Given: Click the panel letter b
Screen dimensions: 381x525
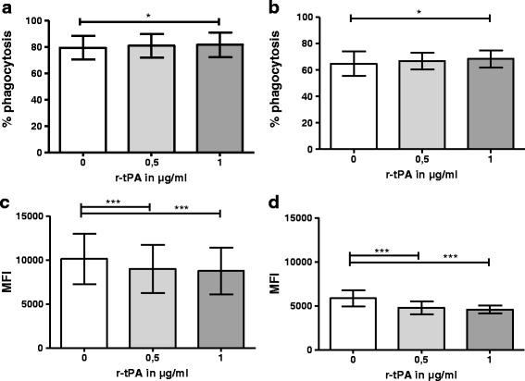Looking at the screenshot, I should pyautogui.click(x=274, y=8).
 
